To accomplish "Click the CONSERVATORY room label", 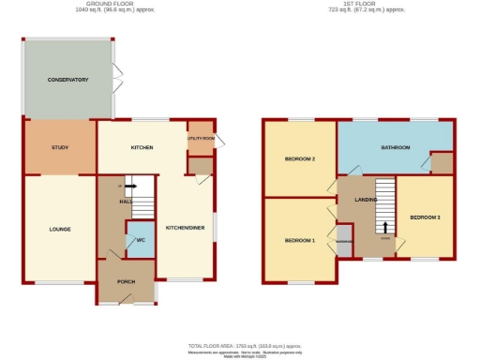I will click(x=67, y=81).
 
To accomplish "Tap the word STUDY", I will click(x=60, y=148).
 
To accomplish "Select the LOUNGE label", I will click(x=60, y=229).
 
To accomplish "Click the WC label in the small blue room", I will click(x=139, y=240).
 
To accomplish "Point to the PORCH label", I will click(x=127, y=282).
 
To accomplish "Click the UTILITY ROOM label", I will click(x=201, y=139).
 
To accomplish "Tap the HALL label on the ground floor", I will click(x=124, y=201).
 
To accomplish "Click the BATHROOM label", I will click(x=396, y=148).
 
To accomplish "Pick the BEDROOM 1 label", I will click(x=300, y=240).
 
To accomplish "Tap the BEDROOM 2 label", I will click(x=300, y=159).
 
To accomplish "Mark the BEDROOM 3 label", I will click(x=425, y=217).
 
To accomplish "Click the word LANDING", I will click(x=366, y=199).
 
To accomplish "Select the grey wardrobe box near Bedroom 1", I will click(x=344, y=238).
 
